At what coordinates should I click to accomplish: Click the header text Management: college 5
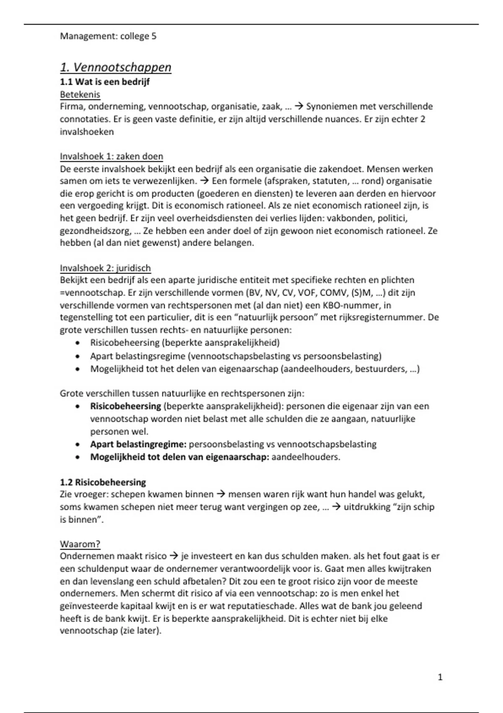click(108, 36)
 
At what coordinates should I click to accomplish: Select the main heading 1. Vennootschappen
click(116, 68)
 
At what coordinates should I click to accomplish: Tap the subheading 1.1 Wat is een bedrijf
click(105, 82)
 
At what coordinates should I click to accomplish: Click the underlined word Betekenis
click(80, 94)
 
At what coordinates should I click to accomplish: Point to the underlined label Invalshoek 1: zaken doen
click(111, 156)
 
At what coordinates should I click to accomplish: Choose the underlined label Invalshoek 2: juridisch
click(105, 268)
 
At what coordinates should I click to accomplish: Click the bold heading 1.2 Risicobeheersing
click(103, 482)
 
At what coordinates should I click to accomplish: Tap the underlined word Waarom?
click(80, 544)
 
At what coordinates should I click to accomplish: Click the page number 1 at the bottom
click(440, 677)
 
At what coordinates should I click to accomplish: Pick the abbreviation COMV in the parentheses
click(331, 292)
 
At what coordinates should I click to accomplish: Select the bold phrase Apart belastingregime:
click(138, 444)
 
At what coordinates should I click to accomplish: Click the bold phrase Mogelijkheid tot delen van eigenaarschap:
click(179, 457)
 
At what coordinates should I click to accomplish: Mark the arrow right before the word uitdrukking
click(336, 507)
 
